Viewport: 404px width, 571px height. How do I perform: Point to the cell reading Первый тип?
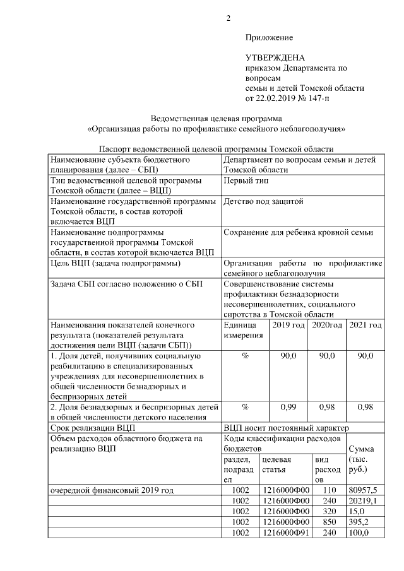coord(246,180)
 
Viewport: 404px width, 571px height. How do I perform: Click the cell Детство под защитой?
coord(263,202)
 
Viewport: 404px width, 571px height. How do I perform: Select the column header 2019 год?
coord(288,325)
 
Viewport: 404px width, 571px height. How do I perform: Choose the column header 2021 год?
coord(365,325)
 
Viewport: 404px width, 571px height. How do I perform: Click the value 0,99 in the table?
coord(288,407)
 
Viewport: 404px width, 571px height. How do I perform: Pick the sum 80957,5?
coord(363,490)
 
